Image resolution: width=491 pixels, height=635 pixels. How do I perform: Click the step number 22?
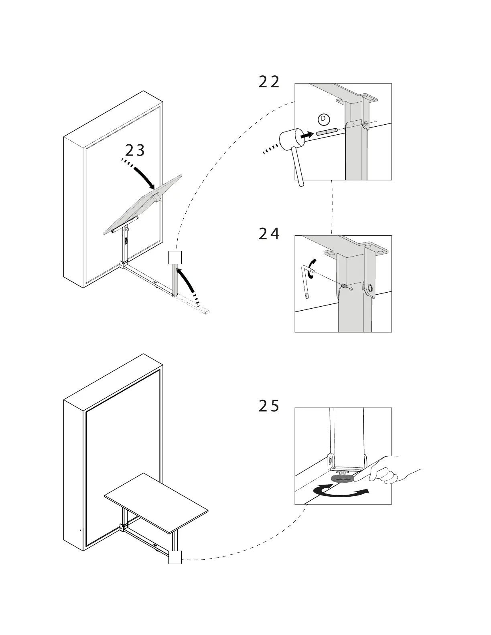point(269,82)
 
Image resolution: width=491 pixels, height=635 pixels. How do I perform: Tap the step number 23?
point(135,150)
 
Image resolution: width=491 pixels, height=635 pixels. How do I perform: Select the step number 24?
point(269,234)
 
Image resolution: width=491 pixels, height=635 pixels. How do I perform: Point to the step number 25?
point(269,406)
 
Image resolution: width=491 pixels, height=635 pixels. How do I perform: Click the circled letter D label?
point(323,119)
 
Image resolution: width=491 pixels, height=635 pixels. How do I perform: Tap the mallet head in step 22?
point(290,139)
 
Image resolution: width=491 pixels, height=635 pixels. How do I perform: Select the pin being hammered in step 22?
point(327,131)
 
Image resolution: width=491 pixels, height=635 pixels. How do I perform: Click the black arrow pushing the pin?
point(306,135)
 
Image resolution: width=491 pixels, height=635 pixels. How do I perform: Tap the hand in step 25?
point(391,470)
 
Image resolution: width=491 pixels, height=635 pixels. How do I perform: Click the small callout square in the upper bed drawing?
point(175,257)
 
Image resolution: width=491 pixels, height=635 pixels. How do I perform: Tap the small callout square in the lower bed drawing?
point(175,557)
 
